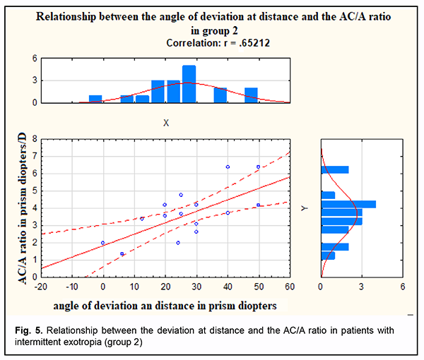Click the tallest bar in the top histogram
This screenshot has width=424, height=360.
tap(189, 84)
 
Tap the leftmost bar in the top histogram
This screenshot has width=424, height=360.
tap(95, 99)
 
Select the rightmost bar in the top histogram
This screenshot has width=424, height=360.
tap(251, 95)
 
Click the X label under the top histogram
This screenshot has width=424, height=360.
tap(166, 123)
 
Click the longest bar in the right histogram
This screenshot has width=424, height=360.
tap(348, 204)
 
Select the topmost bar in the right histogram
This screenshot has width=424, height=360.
tap(335, 169)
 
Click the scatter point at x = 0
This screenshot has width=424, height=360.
tap(103, 243)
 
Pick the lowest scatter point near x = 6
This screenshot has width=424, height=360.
tap(122, 254)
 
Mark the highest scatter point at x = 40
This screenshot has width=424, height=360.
tap(228, 167)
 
